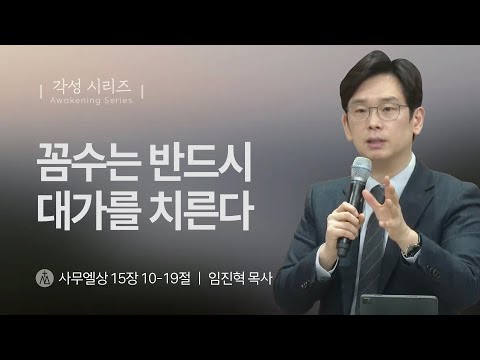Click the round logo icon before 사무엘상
(x=43, y=276)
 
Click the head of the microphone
(x=359, y=169)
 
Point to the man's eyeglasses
(x=378, y=111)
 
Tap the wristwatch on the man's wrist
(x=412, y=246)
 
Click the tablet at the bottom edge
(x=397, y=304)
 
